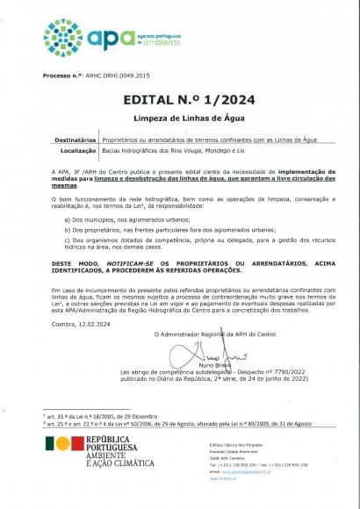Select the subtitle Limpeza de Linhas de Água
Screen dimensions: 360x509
(179, 117)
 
